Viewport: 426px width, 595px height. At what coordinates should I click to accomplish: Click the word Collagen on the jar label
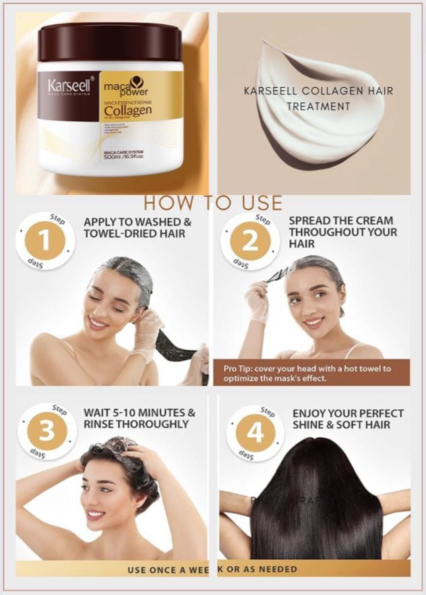(127, 110)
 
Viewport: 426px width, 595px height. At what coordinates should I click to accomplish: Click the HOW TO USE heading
(213, 202)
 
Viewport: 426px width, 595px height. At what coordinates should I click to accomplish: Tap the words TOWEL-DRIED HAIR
(134, 234)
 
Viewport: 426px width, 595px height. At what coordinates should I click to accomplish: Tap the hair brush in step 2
(276, 275)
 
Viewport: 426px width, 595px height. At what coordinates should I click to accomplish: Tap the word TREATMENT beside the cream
(318, 106)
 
